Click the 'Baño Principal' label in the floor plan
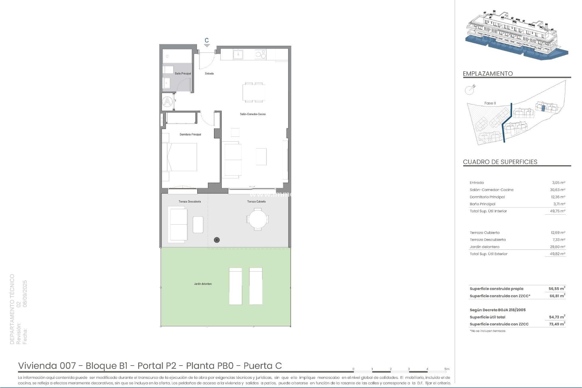[x=183, y=74]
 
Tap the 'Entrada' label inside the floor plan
[x=209, y=74]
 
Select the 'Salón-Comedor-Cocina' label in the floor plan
[x=253, y=114]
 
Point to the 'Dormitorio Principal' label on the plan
[x=190, y=135]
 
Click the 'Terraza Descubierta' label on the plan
[x=190, y=202]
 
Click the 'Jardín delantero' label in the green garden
[x=203, y=284]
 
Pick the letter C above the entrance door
[x=207, y=40]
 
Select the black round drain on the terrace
[x=217, y=240]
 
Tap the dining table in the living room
[x=254, y=92]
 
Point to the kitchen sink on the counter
[x=238, y=55]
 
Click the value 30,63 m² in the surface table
[x=558, y=190]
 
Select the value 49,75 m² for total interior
[x=558, y=211]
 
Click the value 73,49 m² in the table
[x=557, y=324]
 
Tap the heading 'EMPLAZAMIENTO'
[x=488, y=74]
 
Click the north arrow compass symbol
[x=470, y=90]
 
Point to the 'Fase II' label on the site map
[x=490, y=103]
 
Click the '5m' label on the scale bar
[x=447, y=369]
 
